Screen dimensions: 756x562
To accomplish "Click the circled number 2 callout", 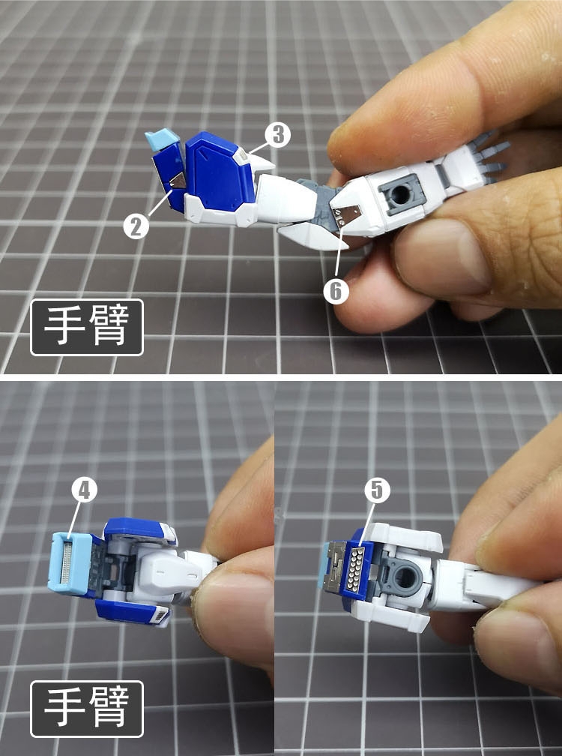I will click(x=136, y=225).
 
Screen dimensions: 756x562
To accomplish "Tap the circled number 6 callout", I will click(x=336, y=290).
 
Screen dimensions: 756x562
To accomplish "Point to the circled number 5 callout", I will click(x=377, y=490).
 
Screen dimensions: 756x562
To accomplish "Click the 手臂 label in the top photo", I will click(x=86, y=327).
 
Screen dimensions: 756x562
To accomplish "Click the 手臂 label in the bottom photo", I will click(x=86, y=707).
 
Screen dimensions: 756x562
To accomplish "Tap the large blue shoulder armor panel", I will click(x=220, y=172).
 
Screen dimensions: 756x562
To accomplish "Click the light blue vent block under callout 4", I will click(x=73, y=562).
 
